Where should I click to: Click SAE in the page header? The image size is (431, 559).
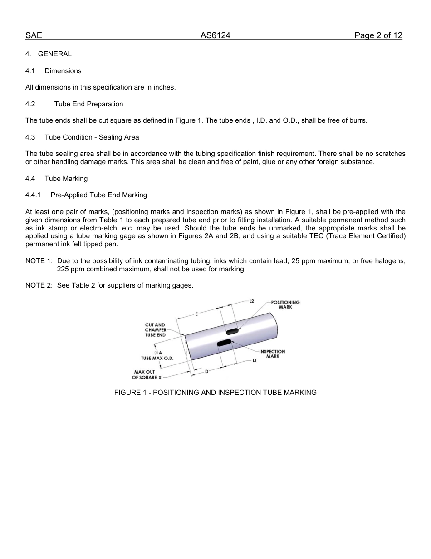[x=34, y=35]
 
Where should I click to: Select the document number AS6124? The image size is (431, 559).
[x=215, y=35]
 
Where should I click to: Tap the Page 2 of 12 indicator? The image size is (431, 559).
[x=378, y=35]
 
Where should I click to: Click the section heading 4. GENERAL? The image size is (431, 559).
[x=49, y=54]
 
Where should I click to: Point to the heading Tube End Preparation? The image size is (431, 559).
[x=88, y=104]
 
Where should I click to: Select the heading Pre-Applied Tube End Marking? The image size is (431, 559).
[x=98, y=195]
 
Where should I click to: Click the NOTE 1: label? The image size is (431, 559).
[x=39, y=261]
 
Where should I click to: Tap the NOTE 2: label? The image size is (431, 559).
[x=39, y=285]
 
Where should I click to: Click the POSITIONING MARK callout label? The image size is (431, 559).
[x=285, y=304]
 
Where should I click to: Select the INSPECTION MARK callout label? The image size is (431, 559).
[x=272, y=354]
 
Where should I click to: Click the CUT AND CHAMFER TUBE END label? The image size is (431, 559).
[x=155, y=330]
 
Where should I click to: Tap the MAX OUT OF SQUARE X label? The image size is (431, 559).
[x=147, y=374]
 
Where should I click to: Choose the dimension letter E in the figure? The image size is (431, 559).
[x=196, y=314]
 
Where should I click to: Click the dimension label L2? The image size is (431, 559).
[x=252, y=301]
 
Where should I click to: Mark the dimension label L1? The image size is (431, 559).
[x=255, y=361]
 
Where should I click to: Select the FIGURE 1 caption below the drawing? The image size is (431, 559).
[x=215, y=392]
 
